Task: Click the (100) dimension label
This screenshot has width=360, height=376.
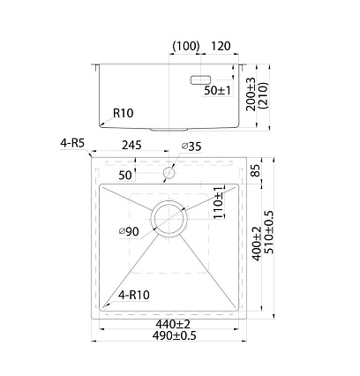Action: pos(186,46)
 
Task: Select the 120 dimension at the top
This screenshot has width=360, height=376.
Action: pos(221,46)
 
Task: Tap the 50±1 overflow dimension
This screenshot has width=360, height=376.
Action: pos(218,90)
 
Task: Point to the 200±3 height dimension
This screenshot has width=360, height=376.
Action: pos(251,94)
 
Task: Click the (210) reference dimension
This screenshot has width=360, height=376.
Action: pos(263,95)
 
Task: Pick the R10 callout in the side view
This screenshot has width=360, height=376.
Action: pos(124,113)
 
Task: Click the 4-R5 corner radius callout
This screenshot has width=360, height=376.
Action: pos(72,143)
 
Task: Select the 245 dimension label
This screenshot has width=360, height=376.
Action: pos(131,145)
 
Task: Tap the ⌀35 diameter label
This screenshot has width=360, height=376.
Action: pos(191,147)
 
